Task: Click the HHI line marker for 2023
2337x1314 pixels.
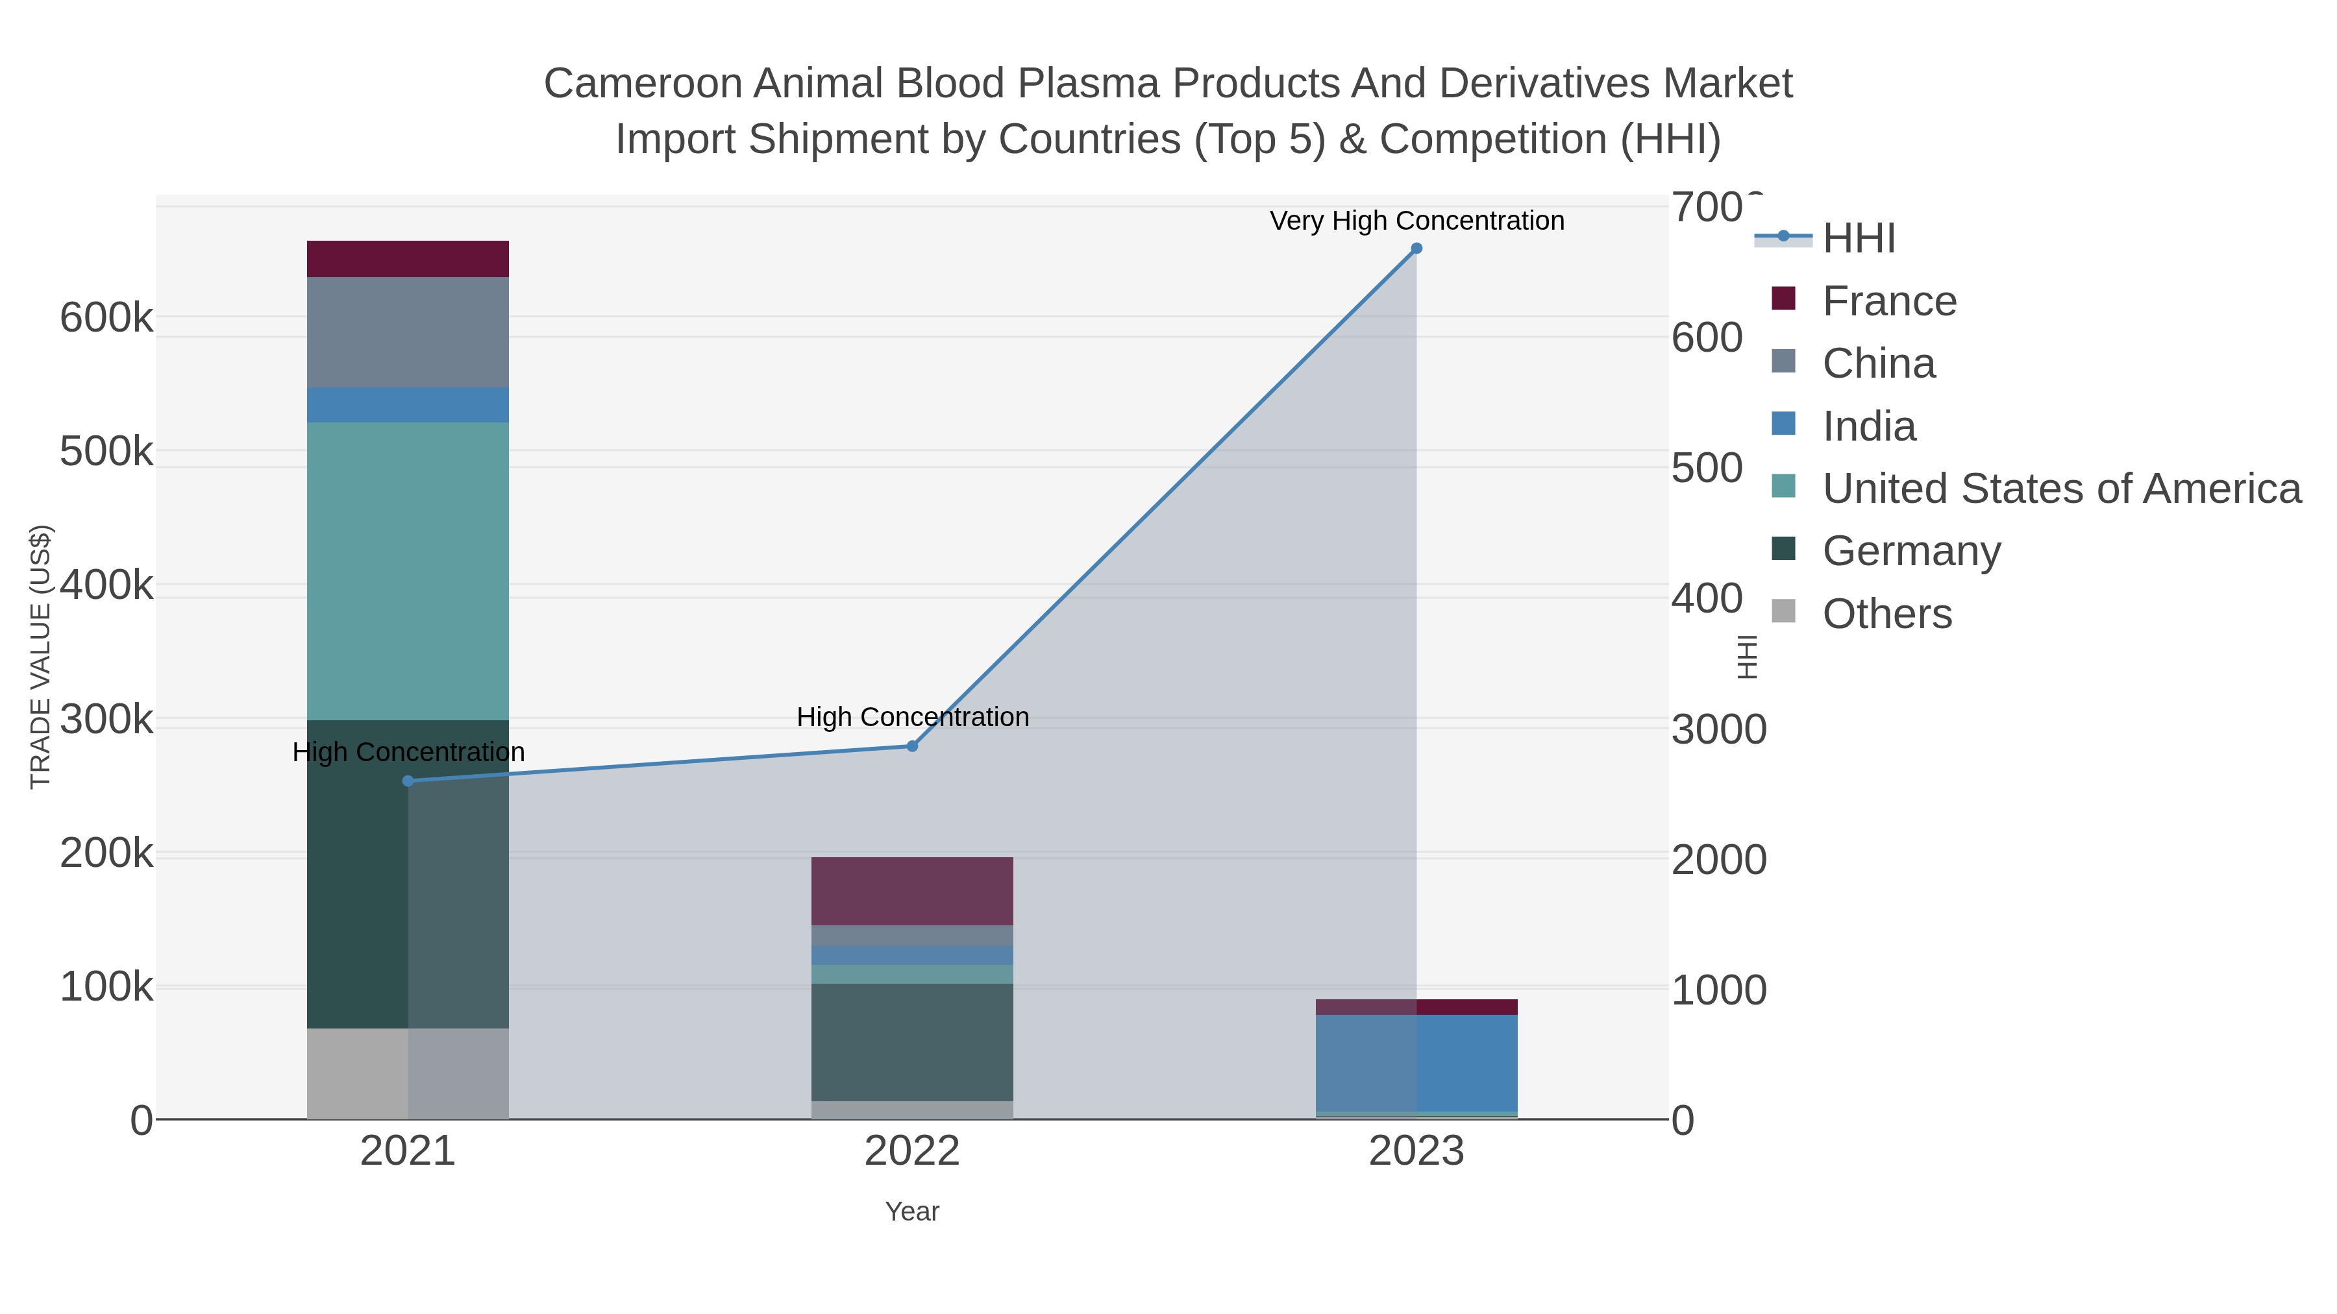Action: pos(1416,249)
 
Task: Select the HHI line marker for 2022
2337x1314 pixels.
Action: pos(913,746)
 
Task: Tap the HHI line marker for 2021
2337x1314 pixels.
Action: pos(408,781)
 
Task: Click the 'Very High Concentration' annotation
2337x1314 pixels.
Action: pos(1416,221)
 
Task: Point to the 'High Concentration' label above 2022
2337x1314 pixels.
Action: pos(913,716)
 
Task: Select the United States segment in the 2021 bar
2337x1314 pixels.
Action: pos(408,570)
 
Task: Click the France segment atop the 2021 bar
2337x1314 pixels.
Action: pos(408,258)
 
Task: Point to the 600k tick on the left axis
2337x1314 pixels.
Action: pos(106,319)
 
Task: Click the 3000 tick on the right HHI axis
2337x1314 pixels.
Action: pos(1718,729)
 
